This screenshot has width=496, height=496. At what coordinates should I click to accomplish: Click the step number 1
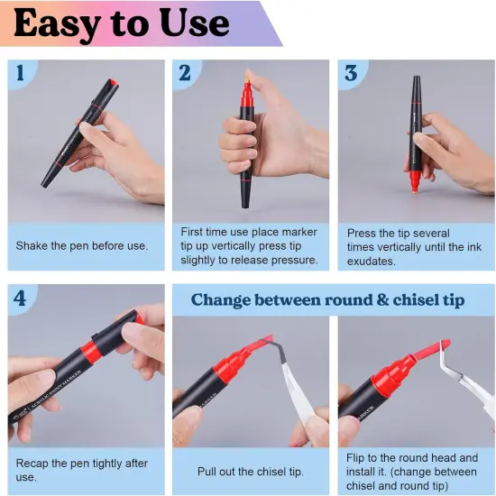(x=20, y=72)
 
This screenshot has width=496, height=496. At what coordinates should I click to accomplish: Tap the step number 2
(x=185, y=73)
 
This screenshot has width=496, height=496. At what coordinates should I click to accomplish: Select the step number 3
(x=351, y=73)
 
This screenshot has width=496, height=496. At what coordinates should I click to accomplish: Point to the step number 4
(x=20, y=298)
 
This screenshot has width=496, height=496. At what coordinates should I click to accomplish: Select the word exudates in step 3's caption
(x=371, y=262)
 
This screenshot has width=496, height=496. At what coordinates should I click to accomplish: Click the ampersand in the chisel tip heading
(x=382, y=299)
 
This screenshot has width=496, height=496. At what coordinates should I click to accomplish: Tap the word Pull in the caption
(x=207, y=472)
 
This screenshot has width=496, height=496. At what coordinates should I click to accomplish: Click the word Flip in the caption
(x=355, y=458)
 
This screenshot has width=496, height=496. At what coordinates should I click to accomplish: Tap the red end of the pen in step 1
(x=113, y=83)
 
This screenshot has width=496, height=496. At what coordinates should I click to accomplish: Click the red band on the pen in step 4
(x=91, y=351)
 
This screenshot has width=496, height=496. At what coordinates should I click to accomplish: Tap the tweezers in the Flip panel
(x=466, y=380)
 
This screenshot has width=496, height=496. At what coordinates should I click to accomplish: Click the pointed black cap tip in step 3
(x=417, y=79)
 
